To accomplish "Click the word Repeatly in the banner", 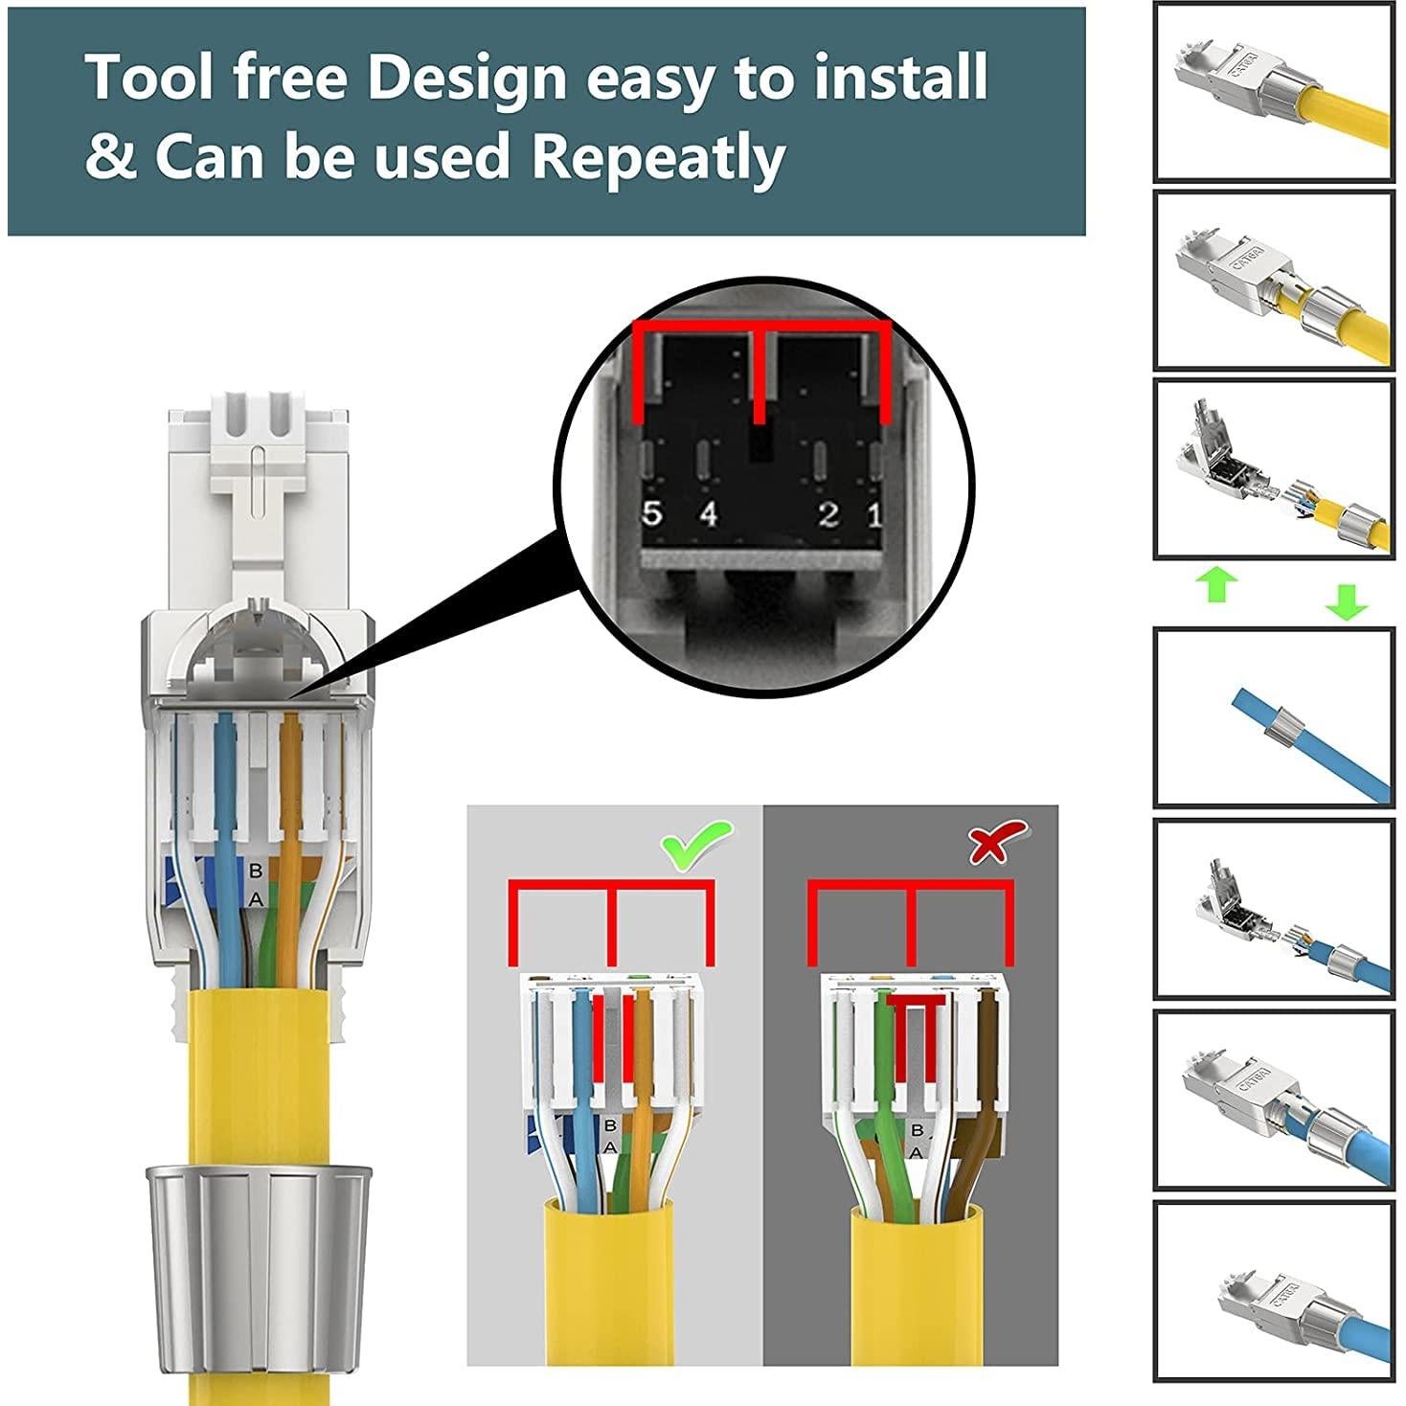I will [659, 158].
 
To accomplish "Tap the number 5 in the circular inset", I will [652, 514].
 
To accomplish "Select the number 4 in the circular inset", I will [708, 514].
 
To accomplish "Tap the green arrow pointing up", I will [1217, 584].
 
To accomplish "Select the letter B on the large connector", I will [255, 871].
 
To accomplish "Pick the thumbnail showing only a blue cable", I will [1273, 717].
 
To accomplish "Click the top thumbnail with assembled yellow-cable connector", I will [1273, 91].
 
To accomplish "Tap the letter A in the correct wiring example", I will [610, 1146].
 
